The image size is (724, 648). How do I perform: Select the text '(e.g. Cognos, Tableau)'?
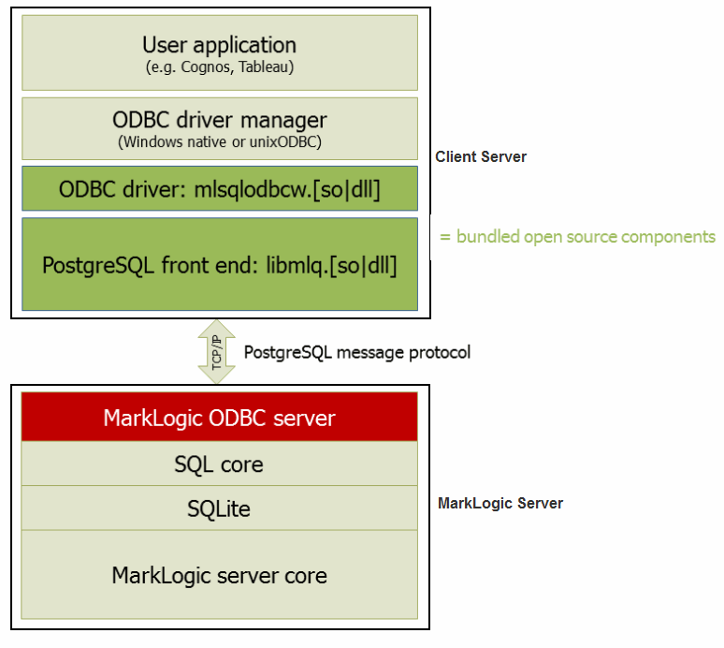(219, 67)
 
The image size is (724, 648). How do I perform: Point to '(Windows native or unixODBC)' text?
(219, 142)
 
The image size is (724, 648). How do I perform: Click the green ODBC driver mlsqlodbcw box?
(219, 189)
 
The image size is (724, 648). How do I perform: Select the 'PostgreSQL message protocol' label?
(356, 352)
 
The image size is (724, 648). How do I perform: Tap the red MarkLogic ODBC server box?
(219, 417)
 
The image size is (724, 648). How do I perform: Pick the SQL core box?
(219, 464)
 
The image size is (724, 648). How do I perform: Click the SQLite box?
(219, 508)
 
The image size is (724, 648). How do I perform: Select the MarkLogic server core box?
(219, 574)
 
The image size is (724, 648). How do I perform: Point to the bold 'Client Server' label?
(481, 157)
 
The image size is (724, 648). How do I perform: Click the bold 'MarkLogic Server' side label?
(500, 504)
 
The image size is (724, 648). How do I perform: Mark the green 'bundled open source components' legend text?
(578, 237)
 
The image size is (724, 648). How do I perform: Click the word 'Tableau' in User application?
(269, 67)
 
